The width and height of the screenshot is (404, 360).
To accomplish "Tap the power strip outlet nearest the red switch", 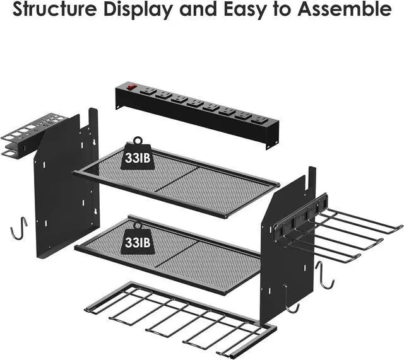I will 148,92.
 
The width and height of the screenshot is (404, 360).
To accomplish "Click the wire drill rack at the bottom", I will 183,318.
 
